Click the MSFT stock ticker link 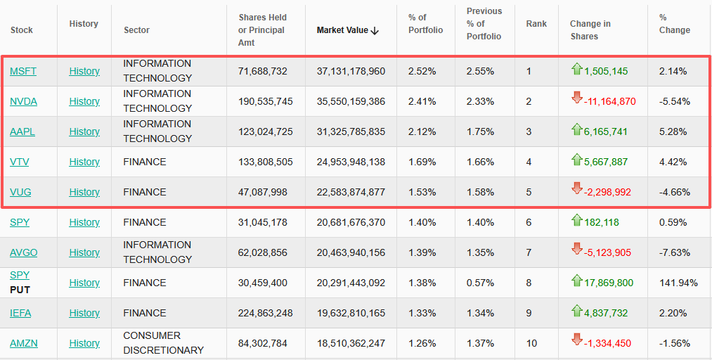23,71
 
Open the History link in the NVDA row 84,101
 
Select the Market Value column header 342,30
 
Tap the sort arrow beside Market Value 375,30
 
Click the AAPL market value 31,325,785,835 351,131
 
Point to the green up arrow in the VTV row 576,160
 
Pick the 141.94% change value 678,283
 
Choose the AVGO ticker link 24,252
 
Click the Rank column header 536,24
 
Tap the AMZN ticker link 24,343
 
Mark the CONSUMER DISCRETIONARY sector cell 163,343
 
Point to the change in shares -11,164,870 609,101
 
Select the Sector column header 136,30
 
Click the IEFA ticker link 20,313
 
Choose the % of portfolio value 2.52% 422,71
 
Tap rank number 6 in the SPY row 529,222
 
